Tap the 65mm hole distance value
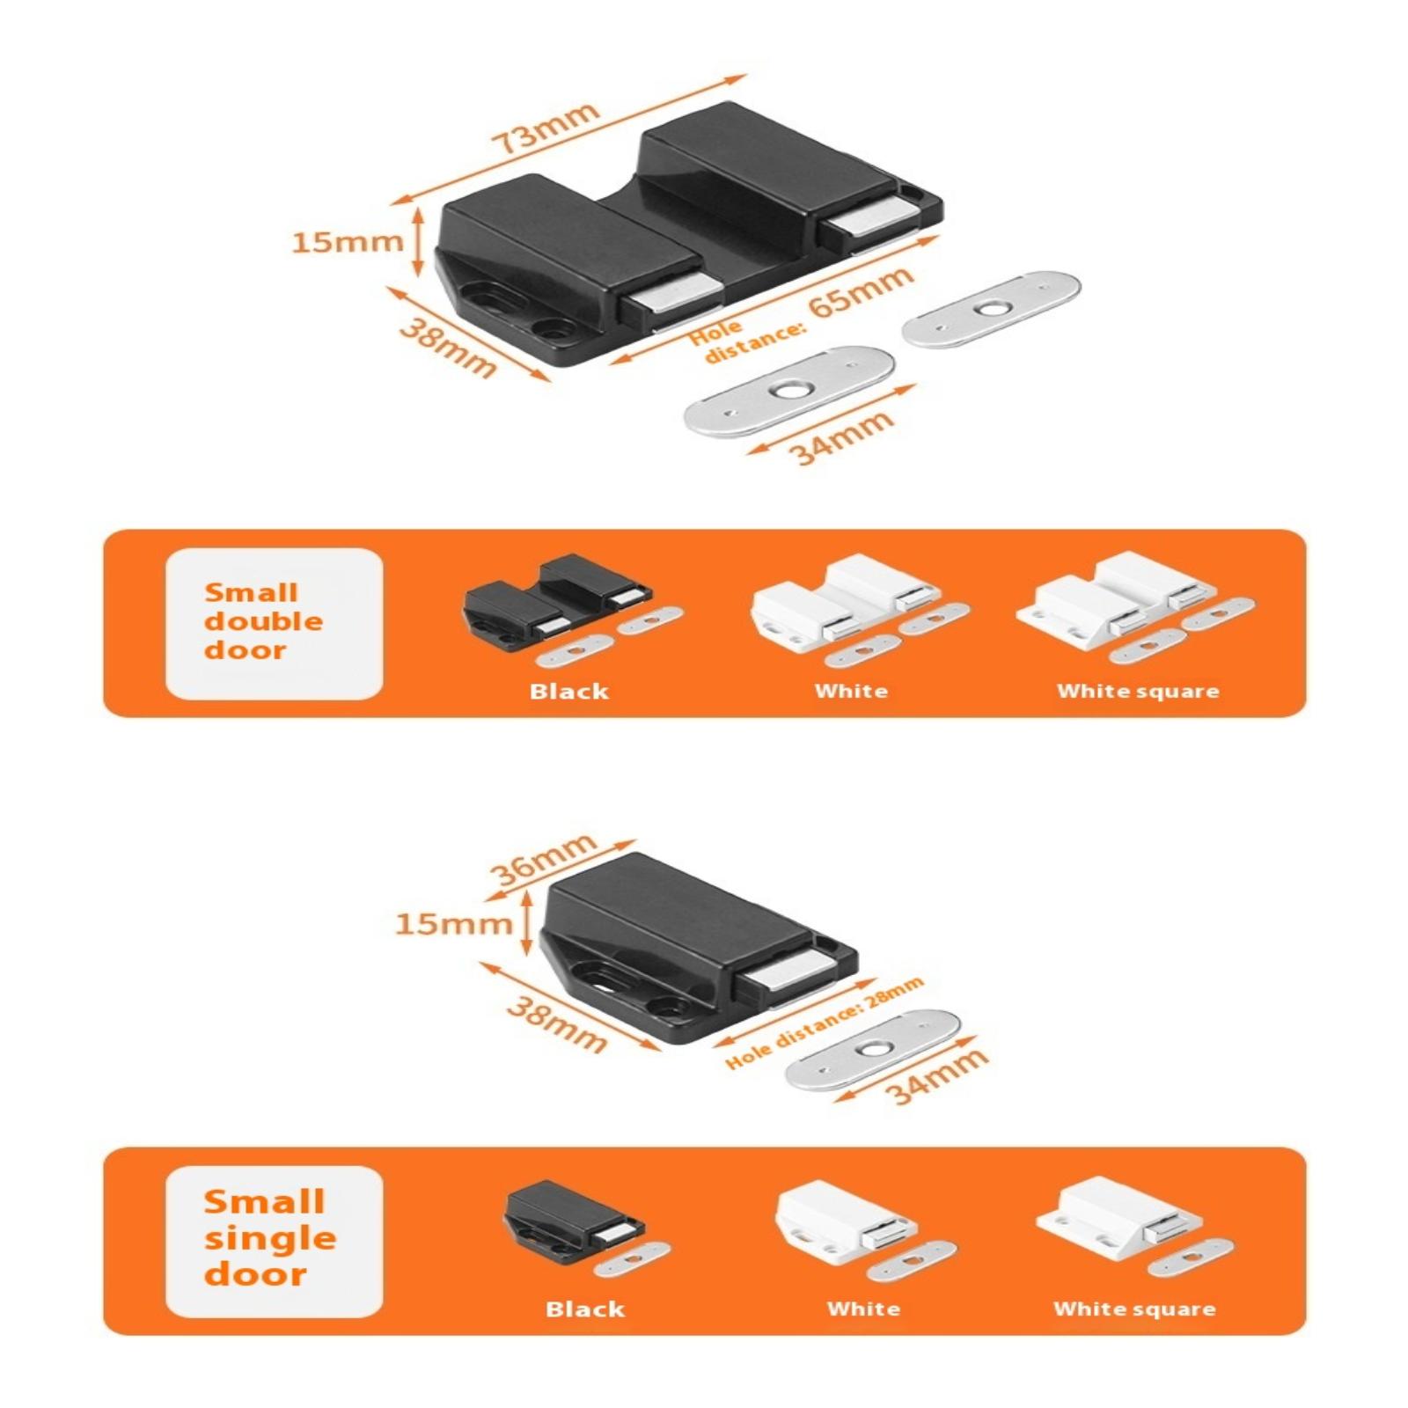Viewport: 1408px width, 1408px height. click(860, 295)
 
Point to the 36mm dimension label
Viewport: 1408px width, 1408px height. click(543, 859)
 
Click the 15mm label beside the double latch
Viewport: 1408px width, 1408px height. click(347, 241)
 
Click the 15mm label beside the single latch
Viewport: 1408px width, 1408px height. click(452, 923)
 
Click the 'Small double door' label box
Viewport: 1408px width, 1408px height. click(274, 623)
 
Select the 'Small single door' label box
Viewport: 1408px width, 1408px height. click(274, 1241)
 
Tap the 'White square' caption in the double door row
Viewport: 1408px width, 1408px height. click(1138, 691)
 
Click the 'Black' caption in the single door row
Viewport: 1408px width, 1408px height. click(584, 1309)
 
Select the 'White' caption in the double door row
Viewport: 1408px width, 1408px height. click(851, 691)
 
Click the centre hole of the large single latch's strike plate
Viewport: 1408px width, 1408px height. click(874, 1049)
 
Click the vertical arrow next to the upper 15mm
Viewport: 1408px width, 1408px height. click(418, 241)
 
